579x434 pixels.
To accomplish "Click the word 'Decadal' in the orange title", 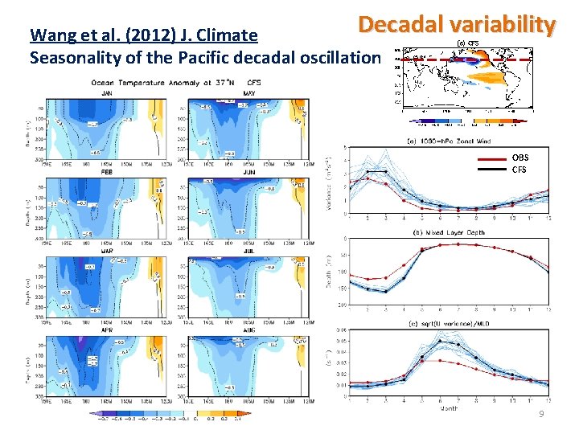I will (396, 25).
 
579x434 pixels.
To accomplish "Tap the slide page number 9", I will (542, 414).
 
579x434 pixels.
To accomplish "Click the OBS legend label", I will (520, 158).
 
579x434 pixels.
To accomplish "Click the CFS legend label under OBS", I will (520, 169).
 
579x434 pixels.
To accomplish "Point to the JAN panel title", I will (108, 93).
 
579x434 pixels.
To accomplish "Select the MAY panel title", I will (250, 93).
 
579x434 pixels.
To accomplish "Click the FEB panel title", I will (108, 172).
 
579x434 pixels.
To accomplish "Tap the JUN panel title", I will (250, 172).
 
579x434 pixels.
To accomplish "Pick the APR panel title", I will (108, 330).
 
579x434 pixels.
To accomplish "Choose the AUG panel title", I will (250, 330).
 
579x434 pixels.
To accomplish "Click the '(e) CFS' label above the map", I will (467, 43).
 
